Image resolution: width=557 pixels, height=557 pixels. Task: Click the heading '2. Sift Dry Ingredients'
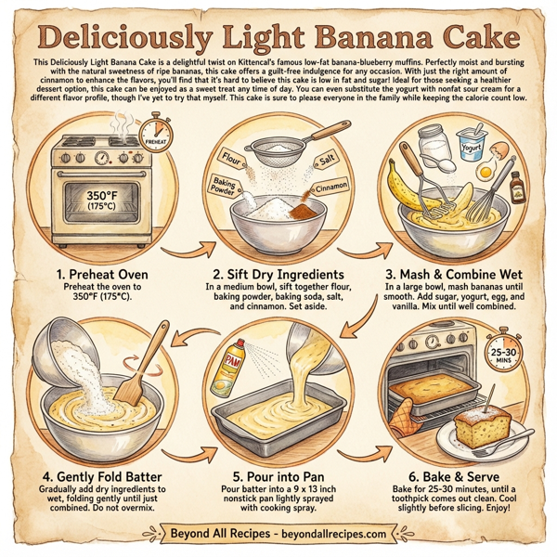[278, 275]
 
